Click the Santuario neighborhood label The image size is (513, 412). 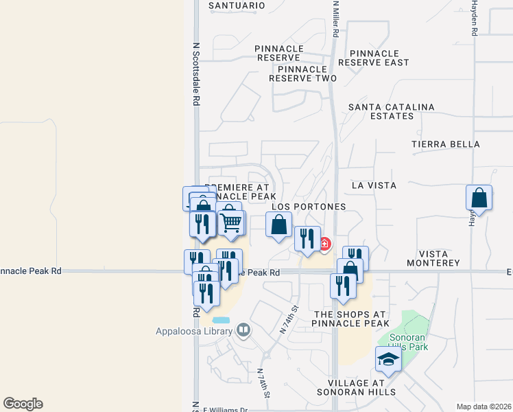pyautogui.click(x=236, y=5)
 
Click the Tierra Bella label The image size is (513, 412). pyautogui.click(x=446, y=145)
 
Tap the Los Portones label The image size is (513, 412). pyautogui.click(x=309, y=207)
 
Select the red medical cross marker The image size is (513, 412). pyautogui.click(x=324, y=244)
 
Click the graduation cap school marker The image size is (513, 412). pyautogui.click(x=388, y=359)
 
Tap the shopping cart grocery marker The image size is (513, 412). pyautogui.click(x=232, y=222)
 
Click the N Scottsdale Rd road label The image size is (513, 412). pyautogui.click(x=196, y=74)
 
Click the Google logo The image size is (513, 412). pyautogui.click(x=23, y=404)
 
